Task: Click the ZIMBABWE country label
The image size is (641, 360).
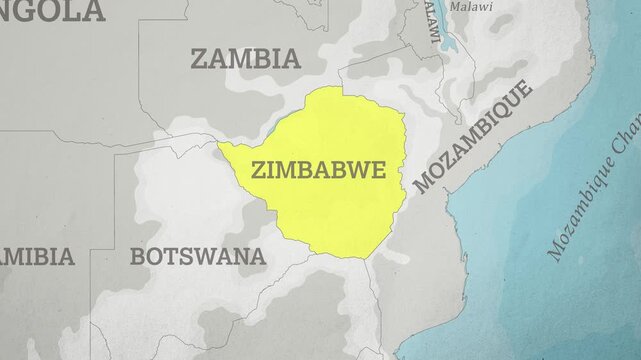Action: pos(319,169)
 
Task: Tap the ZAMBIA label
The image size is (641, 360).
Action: pos(245,58)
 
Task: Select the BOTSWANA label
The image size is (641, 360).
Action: pos(198,256)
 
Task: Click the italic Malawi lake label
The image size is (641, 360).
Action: pos(471,6)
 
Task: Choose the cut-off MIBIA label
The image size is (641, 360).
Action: pos(37,256)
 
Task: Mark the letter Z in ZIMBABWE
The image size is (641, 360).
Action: pos(260,170)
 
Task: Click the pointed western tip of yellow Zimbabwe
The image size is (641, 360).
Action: pos(220,146)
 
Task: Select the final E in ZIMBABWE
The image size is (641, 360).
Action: pos(377,169)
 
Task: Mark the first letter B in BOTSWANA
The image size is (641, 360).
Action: pos(137,256)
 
